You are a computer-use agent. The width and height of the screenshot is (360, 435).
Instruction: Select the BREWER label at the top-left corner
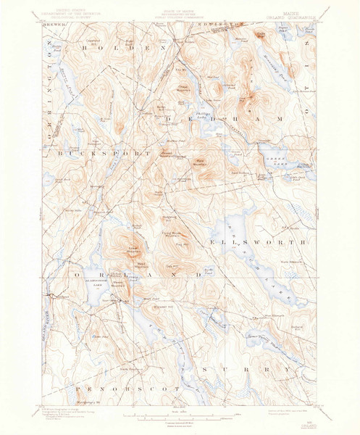(56, 24)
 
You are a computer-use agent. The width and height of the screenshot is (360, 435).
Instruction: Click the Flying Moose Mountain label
(174, 233)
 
